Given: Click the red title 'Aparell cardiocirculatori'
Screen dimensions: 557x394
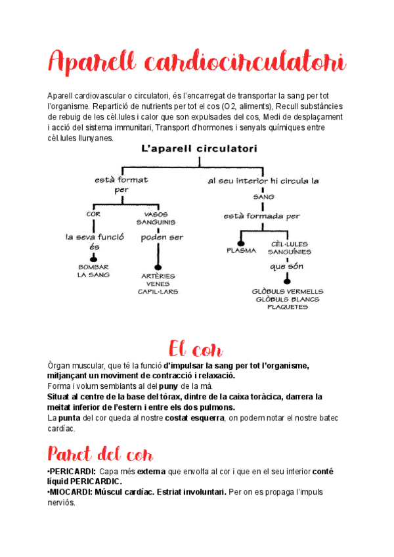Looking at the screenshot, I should [x=196, y=64].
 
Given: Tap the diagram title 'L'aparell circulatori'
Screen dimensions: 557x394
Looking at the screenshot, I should [x=199, y=149].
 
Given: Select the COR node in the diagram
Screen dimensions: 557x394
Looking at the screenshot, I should [x=93, y=213].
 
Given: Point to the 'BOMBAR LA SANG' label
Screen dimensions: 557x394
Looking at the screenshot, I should [x=93, y=271].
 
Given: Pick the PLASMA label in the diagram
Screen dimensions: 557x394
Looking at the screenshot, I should [x=241, y=250].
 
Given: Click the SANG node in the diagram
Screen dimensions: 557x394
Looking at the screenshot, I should [x=263, y=196].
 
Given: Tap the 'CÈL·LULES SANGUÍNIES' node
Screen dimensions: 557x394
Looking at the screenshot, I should [x=290, y=248].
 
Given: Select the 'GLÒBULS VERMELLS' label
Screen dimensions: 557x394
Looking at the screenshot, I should [x=288, y=290].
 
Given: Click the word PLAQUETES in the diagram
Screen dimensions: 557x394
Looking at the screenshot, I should [x=288, y=307].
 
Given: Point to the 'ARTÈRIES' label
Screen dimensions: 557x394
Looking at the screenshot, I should [x=158, y=276].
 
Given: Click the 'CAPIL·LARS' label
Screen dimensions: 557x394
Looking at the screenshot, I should [x=158, y=292].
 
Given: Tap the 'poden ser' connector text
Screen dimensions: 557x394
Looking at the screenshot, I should [x=162, y=237].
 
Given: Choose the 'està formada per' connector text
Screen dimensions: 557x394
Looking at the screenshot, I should [x=261, y=215].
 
